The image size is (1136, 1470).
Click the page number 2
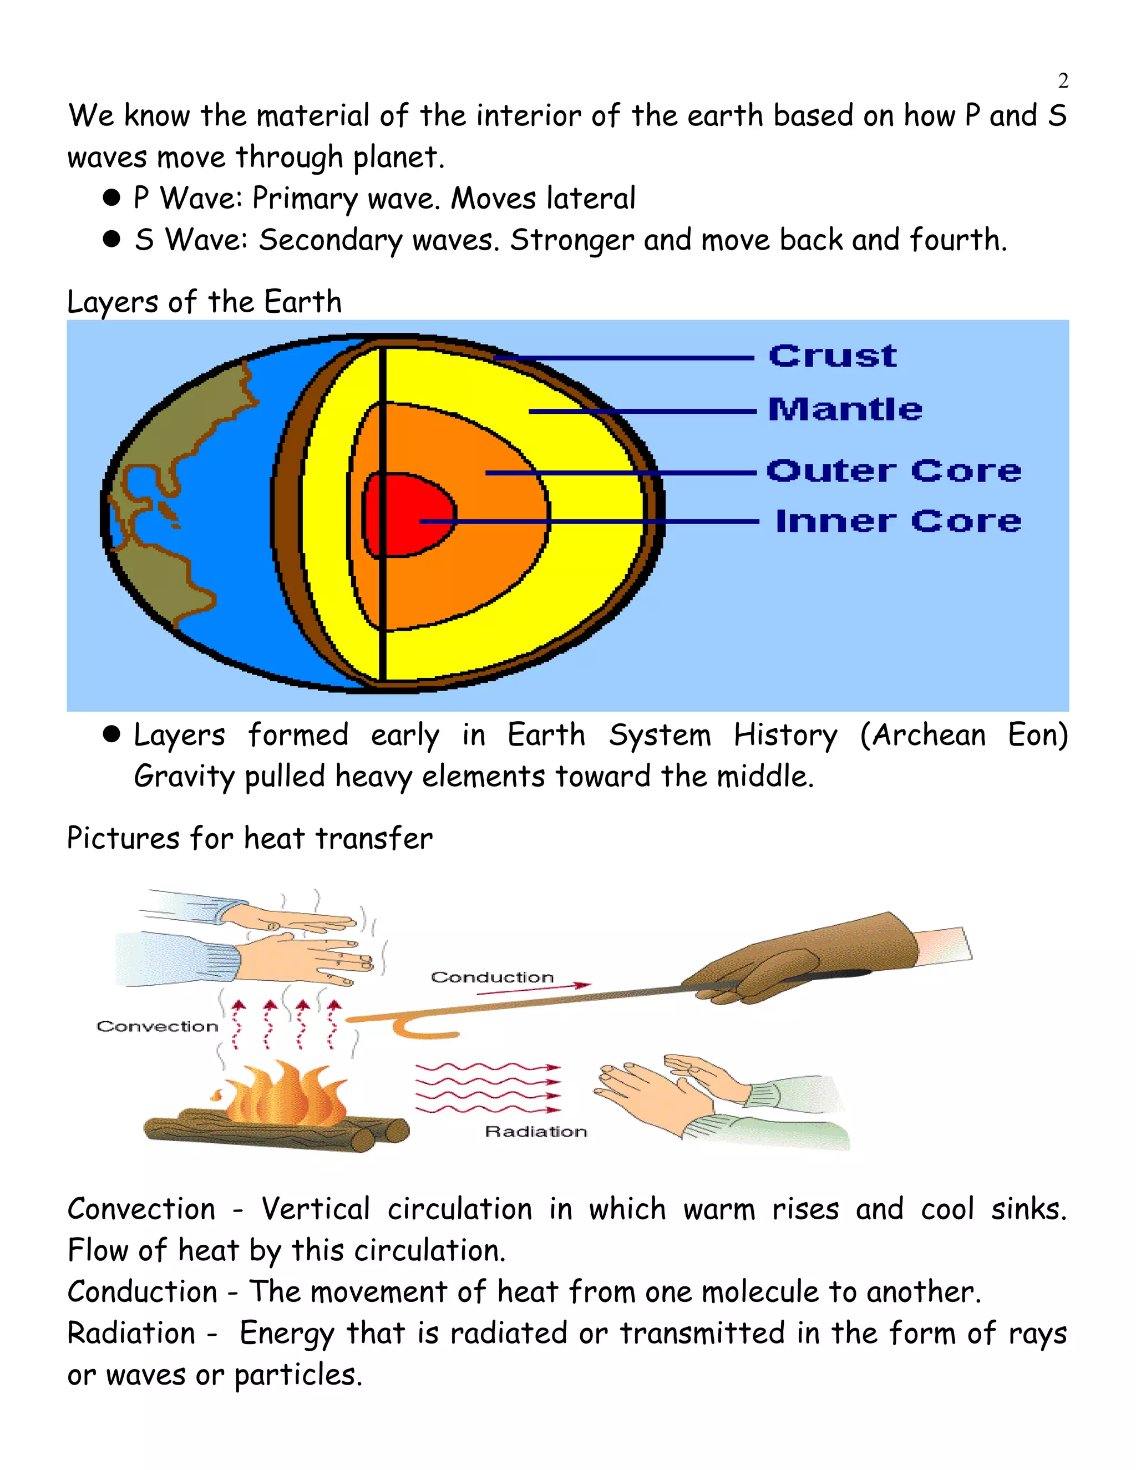pos(1063,81)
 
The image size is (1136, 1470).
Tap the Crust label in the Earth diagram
pos(833,356)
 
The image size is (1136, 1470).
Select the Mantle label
pos(845,409)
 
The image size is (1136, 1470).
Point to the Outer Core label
pos(894,470)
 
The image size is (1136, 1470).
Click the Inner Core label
pos(899,521)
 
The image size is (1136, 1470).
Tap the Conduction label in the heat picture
pos(492,977)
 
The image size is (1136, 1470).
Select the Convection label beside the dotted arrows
pos(158,1026)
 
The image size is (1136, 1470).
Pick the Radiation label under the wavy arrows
pos(536,1132)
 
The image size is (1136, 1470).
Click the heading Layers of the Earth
pos(205,302)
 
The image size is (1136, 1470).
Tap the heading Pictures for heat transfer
pos(250,839)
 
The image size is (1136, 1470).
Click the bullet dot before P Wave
pos(111,198)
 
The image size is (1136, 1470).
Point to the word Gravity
pos(183,777)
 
